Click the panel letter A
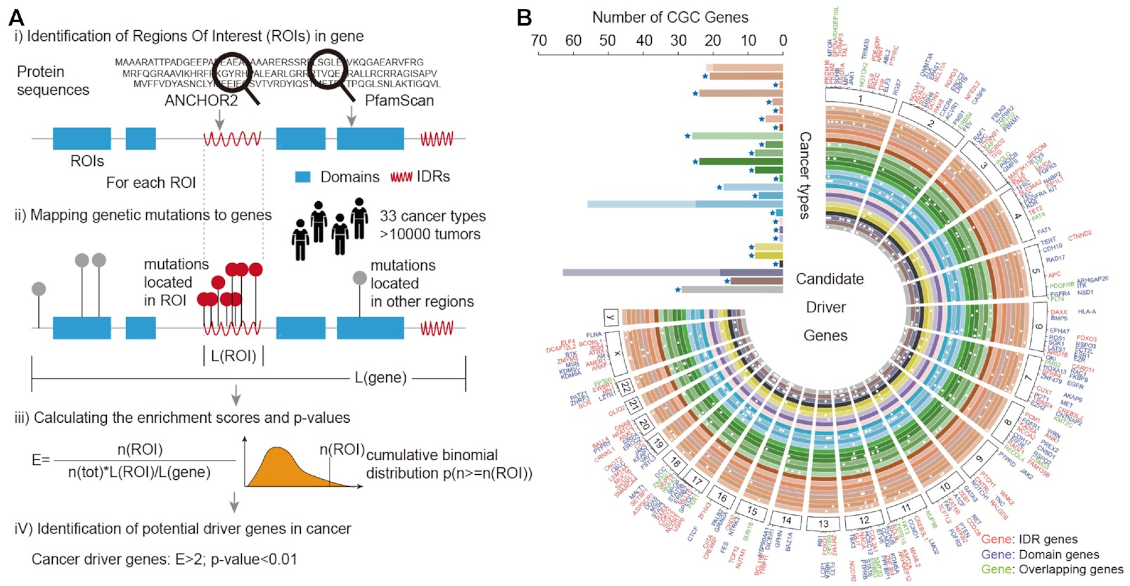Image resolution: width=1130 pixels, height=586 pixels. pyautogui.click(x=15, y=17)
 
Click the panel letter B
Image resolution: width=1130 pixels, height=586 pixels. pyautogui.click(x=524, y=17)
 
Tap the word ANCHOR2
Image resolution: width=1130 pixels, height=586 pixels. pyautogui.click(x=200, y=101)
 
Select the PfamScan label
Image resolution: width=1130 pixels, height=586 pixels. pyautogui.click(x=399, y=101)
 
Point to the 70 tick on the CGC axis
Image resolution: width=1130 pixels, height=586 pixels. pyautogui.click(x=539, y=41)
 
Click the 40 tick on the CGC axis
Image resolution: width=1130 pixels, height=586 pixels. pyautogui.click(x=643, y=41)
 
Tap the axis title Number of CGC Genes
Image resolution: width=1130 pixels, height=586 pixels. pyautogui.click(x=669, y=18)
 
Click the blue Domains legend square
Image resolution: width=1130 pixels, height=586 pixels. pyautogui.click(x=303, y=177)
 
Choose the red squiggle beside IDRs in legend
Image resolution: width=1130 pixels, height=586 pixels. pyautogui.click(x=401, y=177)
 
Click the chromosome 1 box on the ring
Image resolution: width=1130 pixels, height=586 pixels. pyautogui.click(x=861, y=99)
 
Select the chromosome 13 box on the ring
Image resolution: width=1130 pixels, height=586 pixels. pyautogui.click(x=823, y=523)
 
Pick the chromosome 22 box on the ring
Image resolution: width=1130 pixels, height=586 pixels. pyautogui.click(x=624, y=386)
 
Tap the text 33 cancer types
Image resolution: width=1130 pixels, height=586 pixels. pyautogui.click(x=432, y=216)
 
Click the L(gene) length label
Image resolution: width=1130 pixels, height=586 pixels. pyautogui.click(x=380, y=378)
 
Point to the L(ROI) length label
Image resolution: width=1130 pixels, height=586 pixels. pyautogui.click(x=233, y=356)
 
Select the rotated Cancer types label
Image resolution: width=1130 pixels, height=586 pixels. pyautogui.click(x=805, y=175)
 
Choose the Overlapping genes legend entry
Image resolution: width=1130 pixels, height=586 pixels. pyautogui.click(x=1052, y=569)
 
